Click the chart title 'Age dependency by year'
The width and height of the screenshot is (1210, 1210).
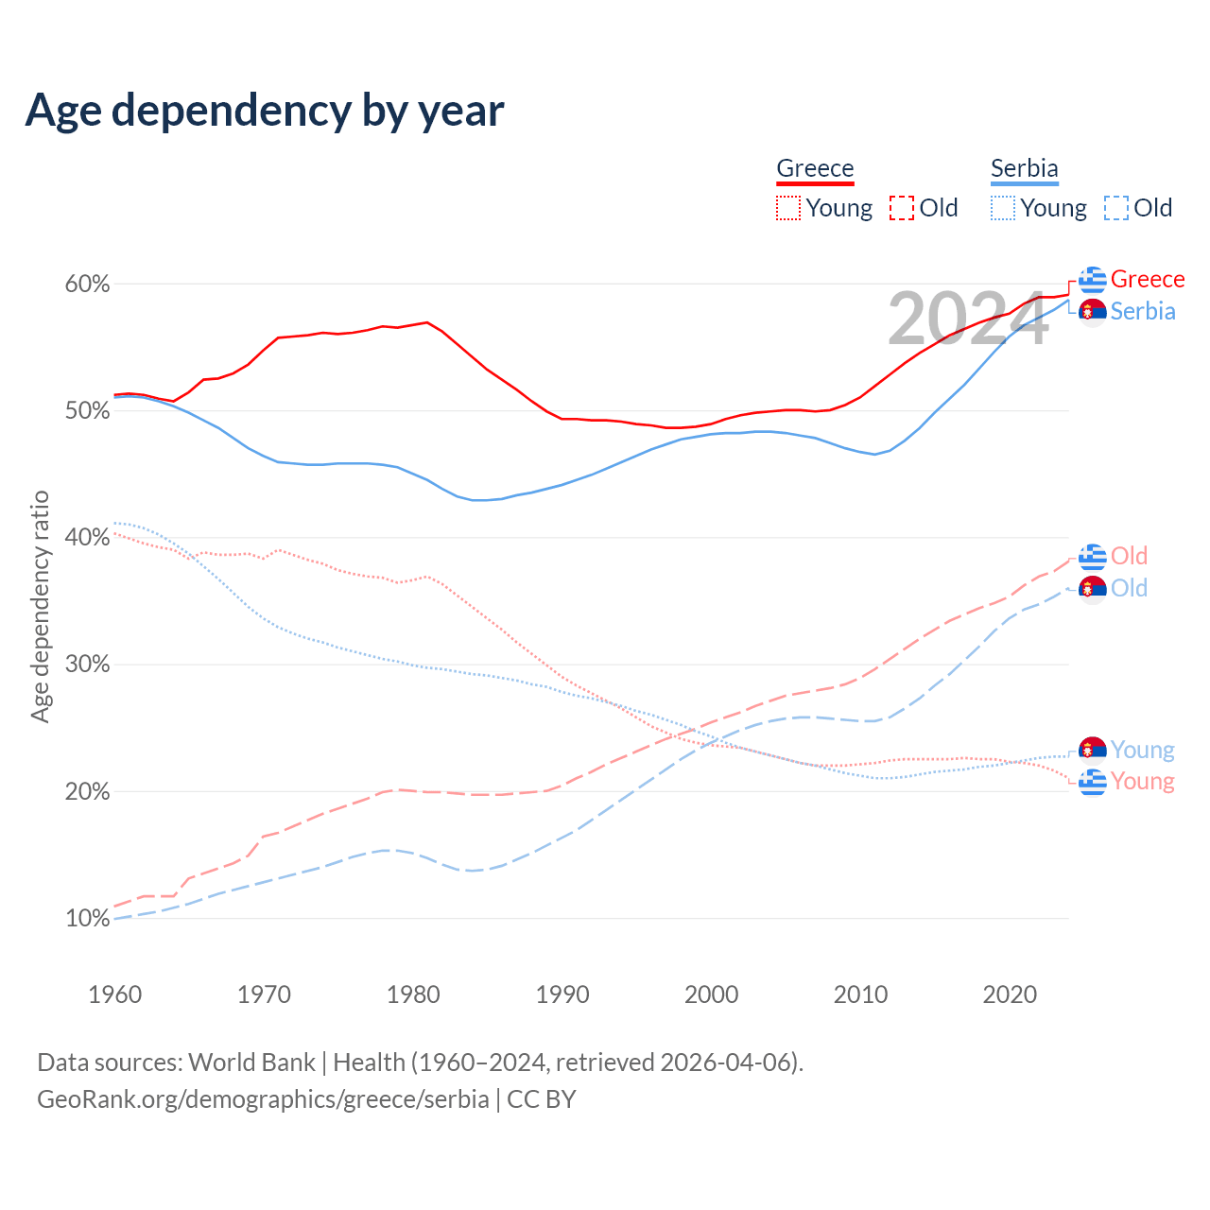[x=265, y=111]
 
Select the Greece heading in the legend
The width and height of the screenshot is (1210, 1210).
[x=815, y=168]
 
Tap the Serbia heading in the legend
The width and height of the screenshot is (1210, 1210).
[x=1024, y=168]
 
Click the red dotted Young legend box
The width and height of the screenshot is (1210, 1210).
[x=787, y=208]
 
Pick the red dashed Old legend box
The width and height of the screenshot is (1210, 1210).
[x=901, y=208]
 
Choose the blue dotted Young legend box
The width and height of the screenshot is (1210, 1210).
[x=1003, y=208]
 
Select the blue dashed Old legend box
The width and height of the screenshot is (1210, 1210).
[x=1115, y=208]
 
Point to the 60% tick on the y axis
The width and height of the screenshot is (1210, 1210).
[x=87, y=284]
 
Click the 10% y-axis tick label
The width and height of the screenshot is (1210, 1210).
[x=87, y=918]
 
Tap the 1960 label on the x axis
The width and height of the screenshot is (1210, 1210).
[x=114, y=994]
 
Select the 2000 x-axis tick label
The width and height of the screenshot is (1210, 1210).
[x=711, y=994]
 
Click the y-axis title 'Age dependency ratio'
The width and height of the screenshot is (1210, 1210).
[x=40, y=606]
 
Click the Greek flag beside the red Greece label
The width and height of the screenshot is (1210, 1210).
[x=1093, y=280]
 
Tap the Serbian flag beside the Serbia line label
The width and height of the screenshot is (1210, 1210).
[x=1093, y=312]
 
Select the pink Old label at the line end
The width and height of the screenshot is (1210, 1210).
[x=1129, y=556]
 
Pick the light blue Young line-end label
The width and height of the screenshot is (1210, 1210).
[x=1142, y=750]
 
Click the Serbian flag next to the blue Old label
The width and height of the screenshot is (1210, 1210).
[x=1093, y=588]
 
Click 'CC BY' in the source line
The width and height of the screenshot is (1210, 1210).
[x=542, y=1099]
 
